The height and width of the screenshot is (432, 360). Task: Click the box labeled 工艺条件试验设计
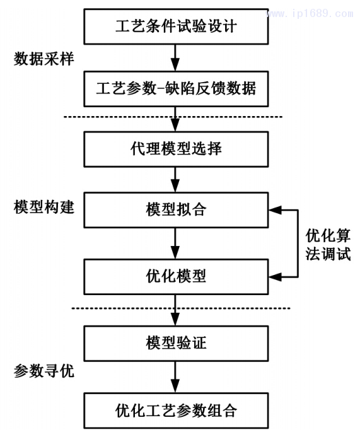click(176, 26)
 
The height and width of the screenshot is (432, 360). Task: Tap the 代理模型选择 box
click(176, 149)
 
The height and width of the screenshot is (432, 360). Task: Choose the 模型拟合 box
click(176, 211)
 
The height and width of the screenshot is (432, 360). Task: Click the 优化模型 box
click(176, 276)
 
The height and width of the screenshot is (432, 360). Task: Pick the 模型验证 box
click(176, 344)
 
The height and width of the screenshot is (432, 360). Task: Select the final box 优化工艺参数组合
click(176, 411)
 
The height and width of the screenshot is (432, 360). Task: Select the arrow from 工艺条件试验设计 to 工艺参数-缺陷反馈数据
click(176, 57)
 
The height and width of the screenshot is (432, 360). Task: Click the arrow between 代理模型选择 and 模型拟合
click(176, 180)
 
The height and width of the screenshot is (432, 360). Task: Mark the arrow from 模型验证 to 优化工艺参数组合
click(176, 377)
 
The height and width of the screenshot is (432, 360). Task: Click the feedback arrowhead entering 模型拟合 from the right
click(274, 211)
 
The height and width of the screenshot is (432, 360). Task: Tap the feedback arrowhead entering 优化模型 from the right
click(274, 276)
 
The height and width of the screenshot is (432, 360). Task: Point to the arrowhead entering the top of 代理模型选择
click(176, 127)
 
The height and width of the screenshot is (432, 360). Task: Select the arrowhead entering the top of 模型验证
click(176, 321)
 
